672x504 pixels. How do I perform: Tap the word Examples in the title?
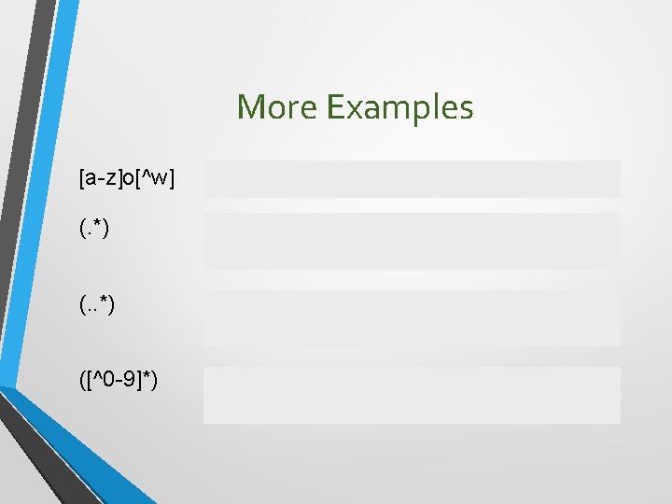[400, 108]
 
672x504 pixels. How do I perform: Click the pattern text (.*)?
[94, 228]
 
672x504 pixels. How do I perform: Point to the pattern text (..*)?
[97, 305]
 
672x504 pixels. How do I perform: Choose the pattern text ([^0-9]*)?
[118, 382]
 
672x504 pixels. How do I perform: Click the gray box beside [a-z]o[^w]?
[412, 178]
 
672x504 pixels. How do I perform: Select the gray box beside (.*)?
[412, 241]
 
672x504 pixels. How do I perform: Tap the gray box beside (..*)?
[412, 317]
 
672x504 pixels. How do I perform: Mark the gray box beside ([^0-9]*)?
[412, 395]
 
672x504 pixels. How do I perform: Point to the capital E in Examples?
[335, 107]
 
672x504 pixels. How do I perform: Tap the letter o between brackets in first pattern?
[132, 177]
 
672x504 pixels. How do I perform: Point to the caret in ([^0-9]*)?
[98, 379]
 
